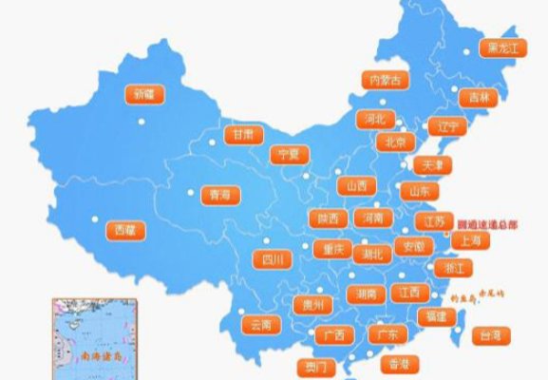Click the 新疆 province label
143,94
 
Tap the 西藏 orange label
124,230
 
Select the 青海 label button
219,195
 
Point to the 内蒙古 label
385,80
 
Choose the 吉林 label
476,97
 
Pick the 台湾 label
489,334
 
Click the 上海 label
469,241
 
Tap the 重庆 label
332,249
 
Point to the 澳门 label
313,366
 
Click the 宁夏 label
288,154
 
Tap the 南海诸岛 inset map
96,337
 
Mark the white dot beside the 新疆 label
142,121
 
